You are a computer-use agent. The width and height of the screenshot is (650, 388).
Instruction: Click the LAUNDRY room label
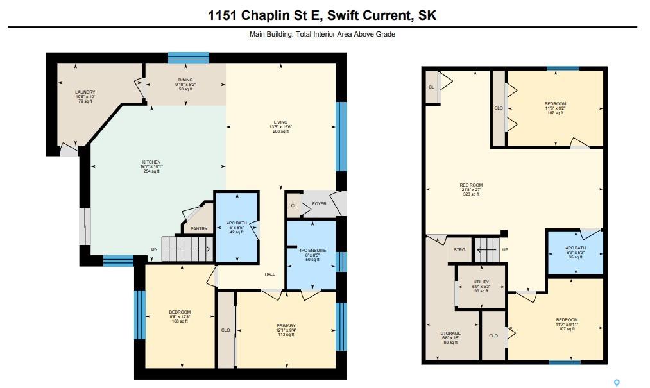coord(85,92)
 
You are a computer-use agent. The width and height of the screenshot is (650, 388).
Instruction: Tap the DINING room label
coord(185,80)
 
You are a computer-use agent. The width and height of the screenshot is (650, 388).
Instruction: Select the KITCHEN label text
coord(151,162)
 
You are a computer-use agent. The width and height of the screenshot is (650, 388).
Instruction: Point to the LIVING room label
coord(280,122)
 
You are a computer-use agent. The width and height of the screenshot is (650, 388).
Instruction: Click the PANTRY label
coord(199,229)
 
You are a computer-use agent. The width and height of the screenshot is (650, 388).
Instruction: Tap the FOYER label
coord(319,203)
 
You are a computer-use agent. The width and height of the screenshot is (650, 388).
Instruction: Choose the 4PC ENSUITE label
coord(312,250)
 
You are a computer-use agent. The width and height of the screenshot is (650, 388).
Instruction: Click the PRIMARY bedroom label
coord(286,325)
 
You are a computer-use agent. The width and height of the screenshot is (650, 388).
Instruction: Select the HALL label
coord(270,274)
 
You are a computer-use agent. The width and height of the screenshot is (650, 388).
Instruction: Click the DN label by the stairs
coord(154,249)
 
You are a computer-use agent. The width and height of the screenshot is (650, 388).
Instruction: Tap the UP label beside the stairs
coord(505,250)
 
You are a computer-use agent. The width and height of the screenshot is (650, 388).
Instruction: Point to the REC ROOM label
coord(471,185)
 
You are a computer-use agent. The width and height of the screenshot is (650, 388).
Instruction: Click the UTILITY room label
coord(481,282)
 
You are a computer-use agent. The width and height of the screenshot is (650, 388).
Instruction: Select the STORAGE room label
coord(450,333)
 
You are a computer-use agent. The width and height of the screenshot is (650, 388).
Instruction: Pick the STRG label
coord(459,250)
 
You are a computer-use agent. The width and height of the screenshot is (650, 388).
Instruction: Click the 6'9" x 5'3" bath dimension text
coord(576,253)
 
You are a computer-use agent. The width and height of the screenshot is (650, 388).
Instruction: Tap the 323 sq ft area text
coord(471,194)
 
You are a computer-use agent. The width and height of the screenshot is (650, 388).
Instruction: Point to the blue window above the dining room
coord(188,58)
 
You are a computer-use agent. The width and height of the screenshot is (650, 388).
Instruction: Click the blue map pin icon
coord(617,383)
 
